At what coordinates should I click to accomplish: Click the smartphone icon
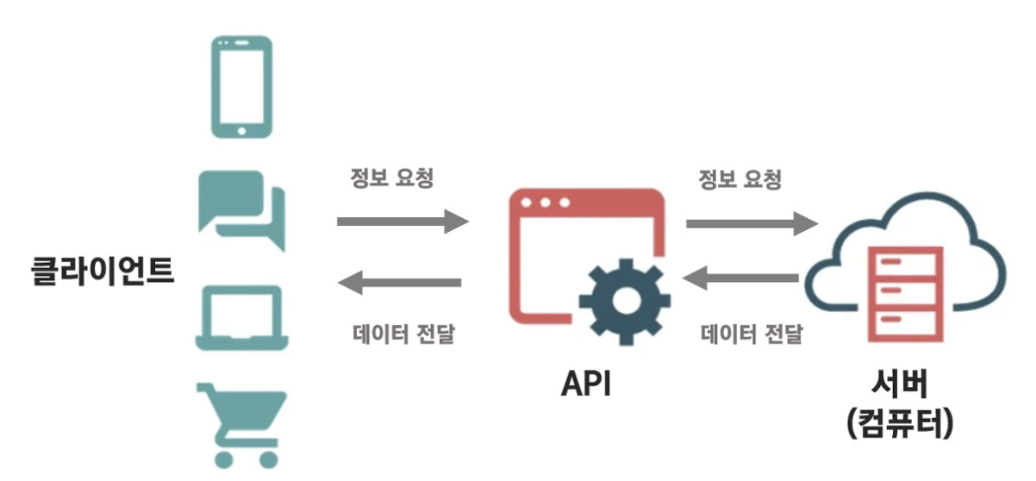click(241, 86)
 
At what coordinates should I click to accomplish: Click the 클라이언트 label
click(99, 271)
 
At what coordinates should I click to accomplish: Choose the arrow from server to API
click(741, 278)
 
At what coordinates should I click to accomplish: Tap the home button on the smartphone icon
click(241, 131)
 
